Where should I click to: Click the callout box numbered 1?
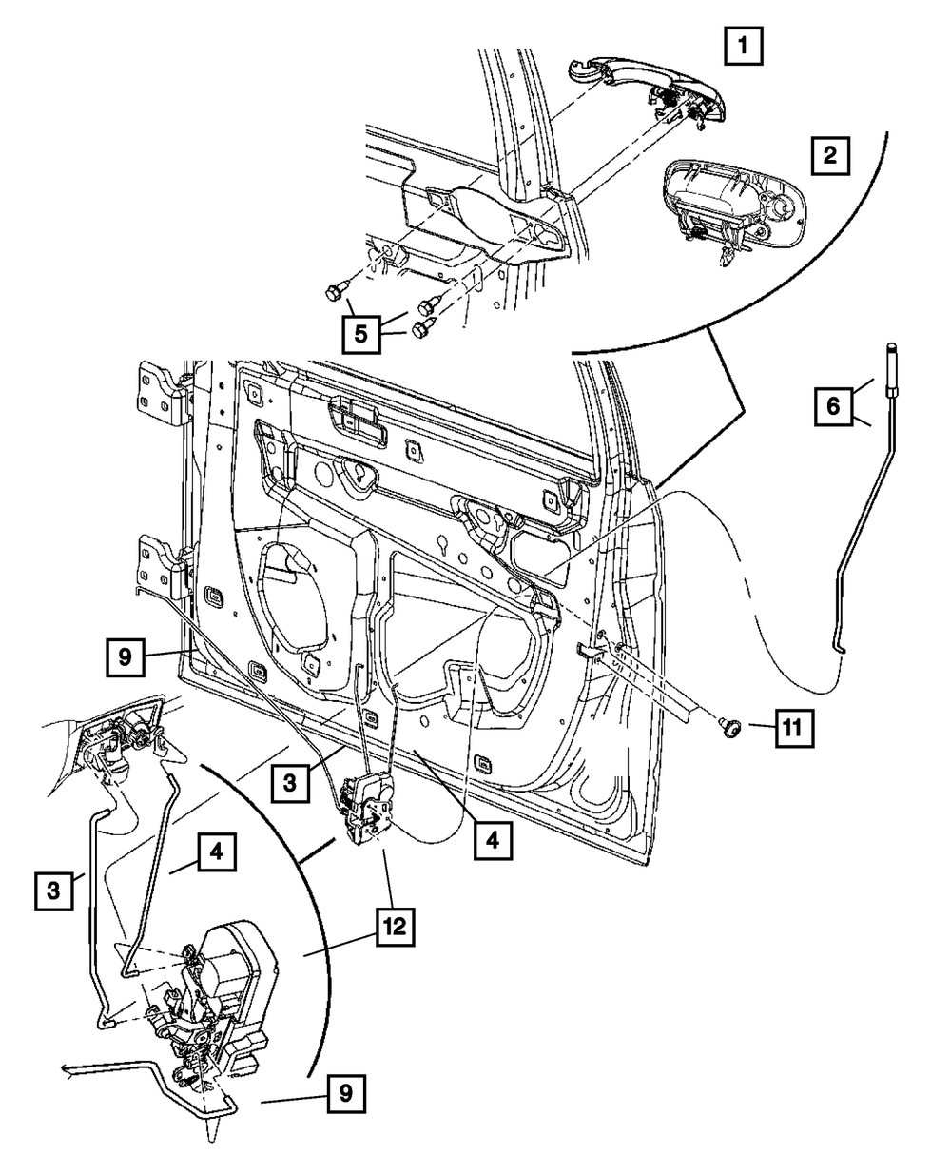(743, 46)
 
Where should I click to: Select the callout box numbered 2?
(830, 156)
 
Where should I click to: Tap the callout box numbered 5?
(361, 334)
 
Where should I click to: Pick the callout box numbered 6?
(833, 406)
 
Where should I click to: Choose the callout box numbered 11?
(794, 728)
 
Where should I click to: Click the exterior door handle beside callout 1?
(646, 93)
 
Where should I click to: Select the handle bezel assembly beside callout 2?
(735, 212)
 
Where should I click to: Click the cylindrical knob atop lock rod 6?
(891, 368)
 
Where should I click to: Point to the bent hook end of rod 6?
(838, 648)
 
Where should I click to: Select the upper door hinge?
(165, 393)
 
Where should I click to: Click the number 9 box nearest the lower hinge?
(126, 657)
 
